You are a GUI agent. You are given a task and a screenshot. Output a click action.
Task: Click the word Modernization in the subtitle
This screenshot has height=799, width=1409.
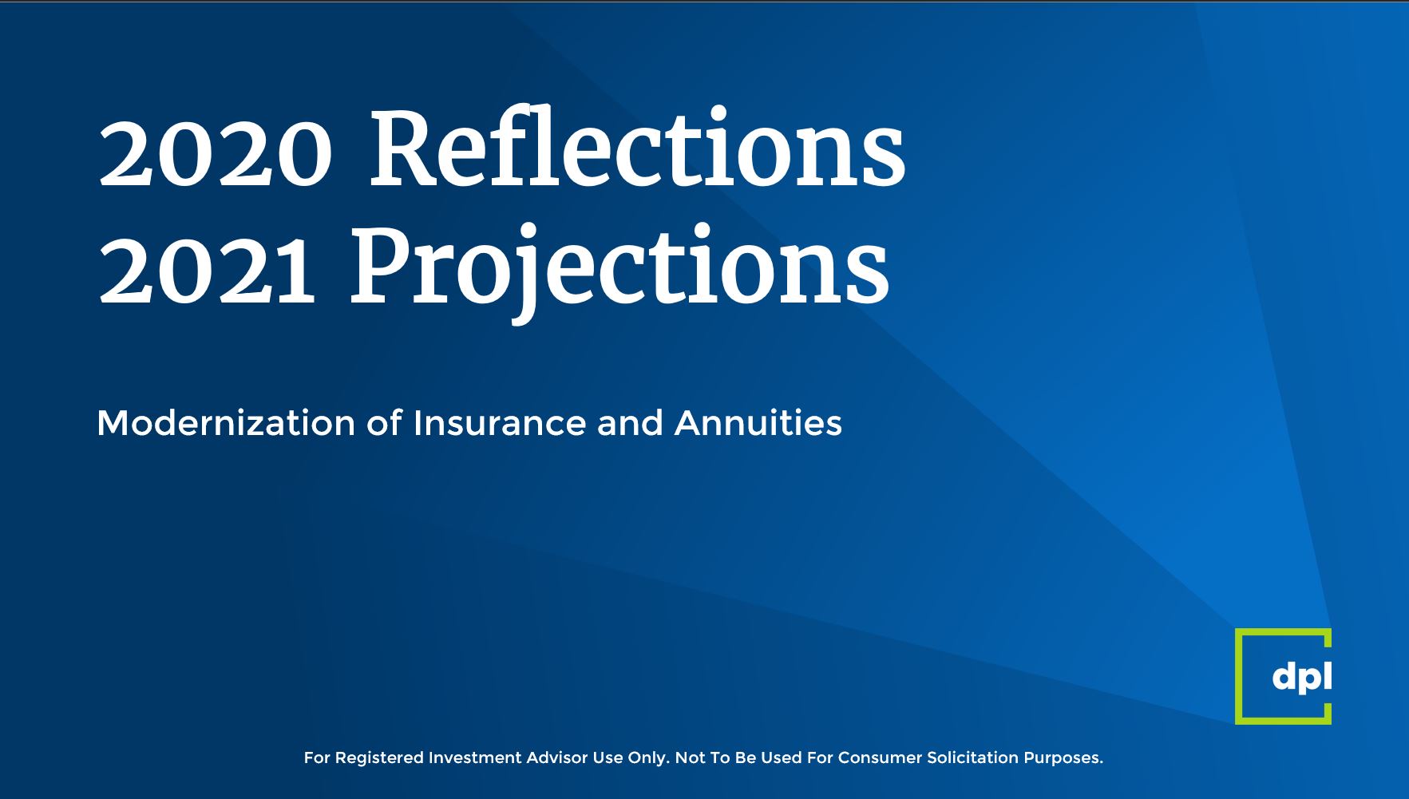click(226, 423)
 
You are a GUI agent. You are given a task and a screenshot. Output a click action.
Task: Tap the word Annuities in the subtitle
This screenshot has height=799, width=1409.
click(758, 423)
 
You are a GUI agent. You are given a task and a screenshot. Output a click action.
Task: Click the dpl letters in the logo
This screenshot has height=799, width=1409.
click(1302, 677)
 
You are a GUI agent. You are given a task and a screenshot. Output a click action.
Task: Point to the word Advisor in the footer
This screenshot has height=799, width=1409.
click(557, 757)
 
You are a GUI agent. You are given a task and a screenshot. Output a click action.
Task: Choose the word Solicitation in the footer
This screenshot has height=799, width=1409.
click(973, 757)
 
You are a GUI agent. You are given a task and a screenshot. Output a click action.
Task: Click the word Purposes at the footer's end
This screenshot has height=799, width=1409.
click(1063, 758)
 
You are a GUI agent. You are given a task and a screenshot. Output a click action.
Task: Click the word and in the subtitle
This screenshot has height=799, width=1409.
click(630, 423)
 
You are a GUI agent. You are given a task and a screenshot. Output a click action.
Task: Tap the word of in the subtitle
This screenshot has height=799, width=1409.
click(384, 423)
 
